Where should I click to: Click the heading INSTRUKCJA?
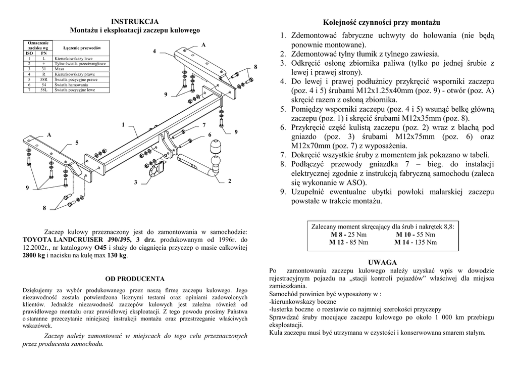pos(135,21)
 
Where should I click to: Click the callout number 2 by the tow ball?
pos(230,180)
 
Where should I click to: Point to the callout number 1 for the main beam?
pos(123,124)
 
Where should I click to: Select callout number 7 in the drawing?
pos(204,124)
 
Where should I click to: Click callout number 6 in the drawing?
pos(210,135)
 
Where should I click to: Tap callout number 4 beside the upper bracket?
pos(154,51)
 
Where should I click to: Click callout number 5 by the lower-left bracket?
pos(77,143)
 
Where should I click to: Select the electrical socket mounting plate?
pos(152,171)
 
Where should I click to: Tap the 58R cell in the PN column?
pos(44,79)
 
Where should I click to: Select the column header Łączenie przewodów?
pos(79,48)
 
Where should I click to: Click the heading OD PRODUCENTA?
pos(135,279)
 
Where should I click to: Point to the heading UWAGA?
pos(382,262)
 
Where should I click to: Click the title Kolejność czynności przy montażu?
pos(382,23)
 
